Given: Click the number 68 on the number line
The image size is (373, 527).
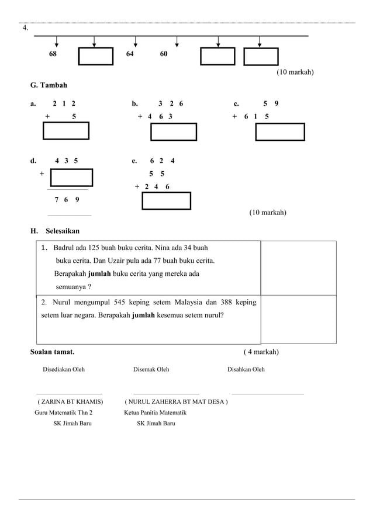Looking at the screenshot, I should [53, 54].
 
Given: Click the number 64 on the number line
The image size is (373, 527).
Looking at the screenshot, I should [130, 54].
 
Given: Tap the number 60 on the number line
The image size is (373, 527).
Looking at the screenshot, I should [164, 54].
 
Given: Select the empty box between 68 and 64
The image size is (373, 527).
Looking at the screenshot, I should [95, 57].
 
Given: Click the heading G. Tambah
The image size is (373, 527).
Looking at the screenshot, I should [49, 86].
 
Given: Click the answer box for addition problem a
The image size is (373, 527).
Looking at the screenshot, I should [66, 131].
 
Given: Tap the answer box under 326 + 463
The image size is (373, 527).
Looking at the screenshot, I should [173, 132].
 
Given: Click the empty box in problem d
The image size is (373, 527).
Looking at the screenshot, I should [71, 177].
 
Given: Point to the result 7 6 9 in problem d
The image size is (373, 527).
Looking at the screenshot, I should [67, 200].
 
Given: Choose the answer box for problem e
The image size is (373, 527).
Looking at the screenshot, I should [167, 200].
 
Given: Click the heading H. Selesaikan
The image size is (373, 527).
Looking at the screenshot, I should [54, 231].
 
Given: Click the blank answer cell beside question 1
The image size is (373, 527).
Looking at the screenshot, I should [298, 268].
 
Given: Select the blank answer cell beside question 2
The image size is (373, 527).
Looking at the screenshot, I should [298, 319].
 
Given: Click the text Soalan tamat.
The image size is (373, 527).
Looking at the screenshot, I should [52, 352].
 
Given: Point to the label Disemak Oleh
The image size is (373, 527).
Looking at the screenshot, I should [151, 369].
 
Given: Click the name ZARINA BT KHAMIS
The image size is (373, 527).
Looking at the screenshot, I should [70, 402].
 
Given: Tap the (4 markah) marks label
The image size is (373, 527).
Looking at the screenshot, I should [261, 352].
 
